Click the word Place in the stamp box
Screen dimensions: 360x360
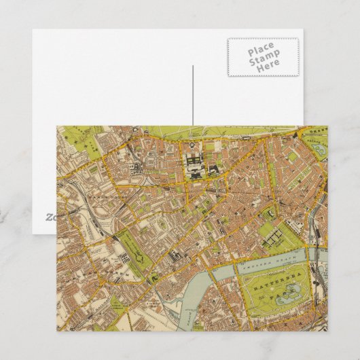point(262,50)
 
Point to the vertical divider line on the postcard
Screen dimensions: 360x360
point(194,95)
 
